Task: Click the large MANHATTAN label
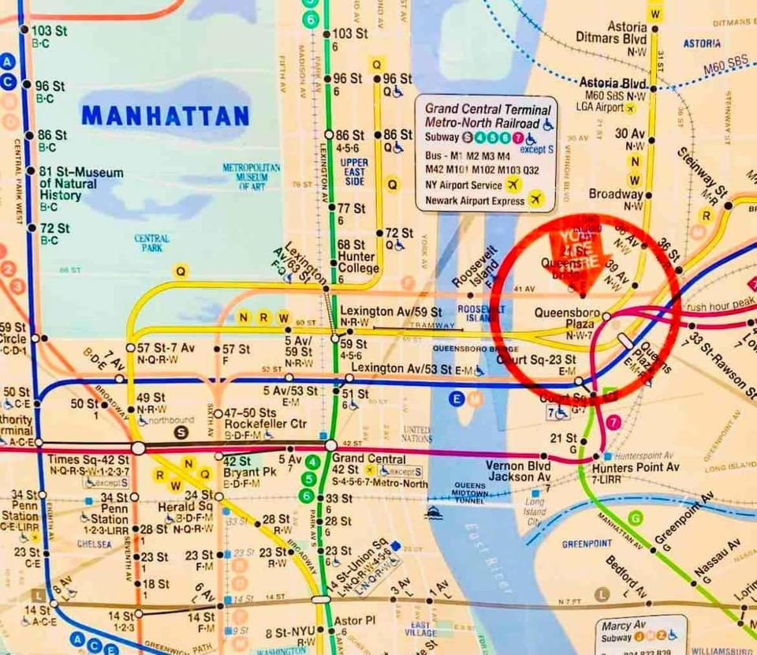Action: tap(165, 116)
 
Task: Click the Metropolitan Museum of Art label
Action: tap(251, 177)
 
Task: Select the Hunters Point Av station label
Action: tap(635, 467)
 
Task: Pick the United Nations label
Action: tap(416, 434)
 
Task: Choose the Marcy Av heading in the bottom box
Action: tap(620, 625)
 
